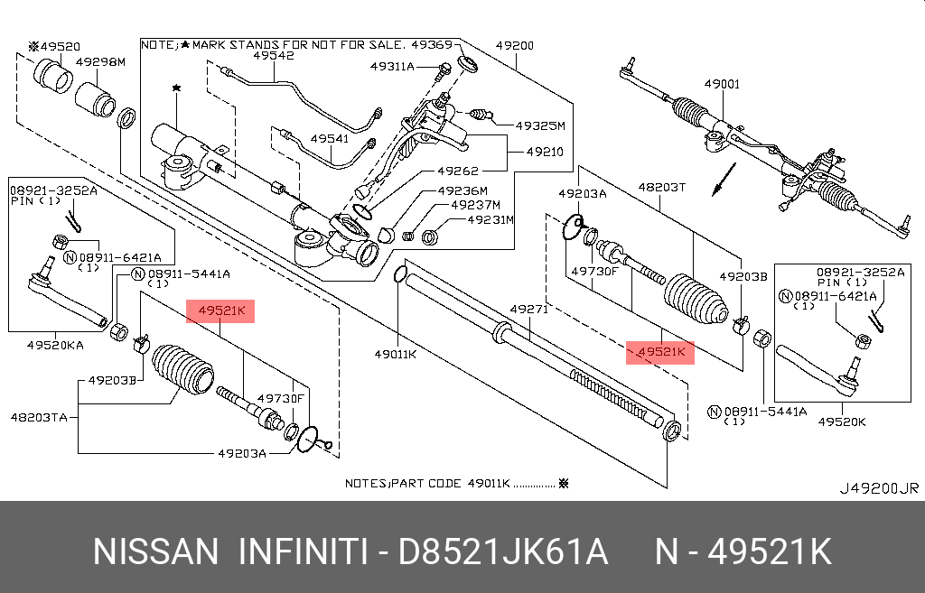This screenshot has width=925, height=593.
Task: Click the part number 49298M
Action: click(x=99, y=61)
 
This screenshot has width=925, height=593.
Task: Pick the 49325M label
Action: click(x=539, y=125)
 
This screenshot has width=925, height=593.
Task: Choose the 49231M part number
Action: click(x=488, y=219)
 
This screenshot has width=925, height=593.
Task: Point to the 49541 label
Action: click(x=330, y=140)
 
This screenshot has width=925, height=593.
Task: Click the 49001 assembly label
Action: click(x=722, y=84)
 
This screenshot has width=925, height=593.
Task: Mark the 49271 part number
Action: click(x=529, y=309)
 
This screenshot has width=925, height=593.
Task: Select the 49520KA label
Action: click(x=55, y=345)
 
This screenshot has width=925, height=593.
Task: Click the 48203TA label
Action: click(x=40, y=417)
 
